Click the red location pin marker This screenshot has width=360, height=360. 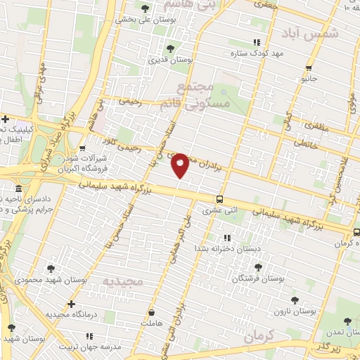tap(181, 165)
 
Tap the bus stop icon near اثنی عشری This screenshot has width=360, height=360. tap(220, 199)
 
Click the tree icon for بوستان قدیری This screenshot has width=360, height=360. tap(170, 49)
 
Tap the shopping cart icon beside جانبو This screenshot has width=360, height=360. tap(308, 68)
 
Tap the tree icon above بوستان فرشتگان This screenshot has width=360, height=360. tap(257, 267)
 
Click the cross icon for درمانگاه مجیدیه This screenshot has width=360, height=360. tap(71, 304)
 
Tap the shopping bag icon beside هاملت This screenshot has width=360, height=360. tap(152, 310)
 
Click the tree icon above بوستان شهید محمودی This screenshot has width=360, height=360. tap(51, 268)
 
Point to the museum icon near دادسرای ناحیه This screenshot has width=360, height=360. tap(18, 189)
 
